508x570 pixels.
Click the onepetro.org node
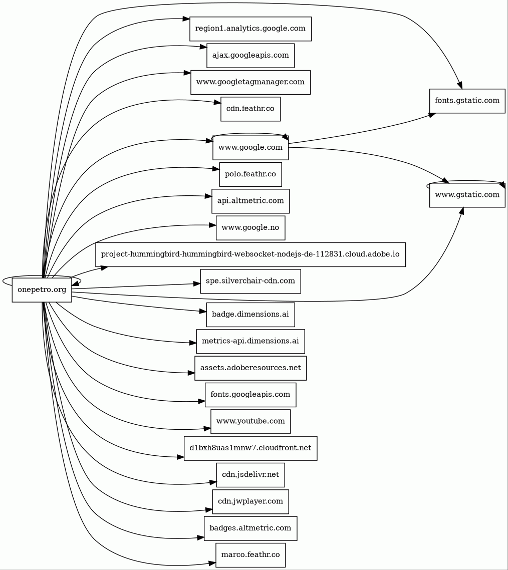click(42, 290)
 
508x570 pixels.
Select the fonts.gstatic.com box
click(467, 101)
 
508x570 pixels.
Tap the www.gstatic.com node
click(467, 195)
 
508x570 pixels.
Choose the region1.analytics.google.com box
click(250, 29)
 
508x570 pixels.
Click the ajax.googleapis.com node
click(250, 56)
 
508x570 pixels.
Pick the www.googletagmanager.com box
click(250, 82)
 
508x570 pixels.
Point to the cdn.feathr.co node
click(250, 109)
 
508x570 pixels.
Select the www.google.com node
click(250, 148)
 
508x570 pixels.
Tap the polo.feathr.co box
click(250, 174)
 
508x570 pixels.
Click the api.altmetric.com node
click(250, 201)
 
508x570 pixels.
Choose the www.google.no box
click(250, 228)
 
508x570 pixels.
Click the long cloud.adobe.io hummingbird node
click(250, 254)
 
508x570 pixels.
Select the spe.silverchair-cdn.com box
click(250, 281)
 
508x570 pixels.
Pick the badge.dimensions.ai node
click(250, 315)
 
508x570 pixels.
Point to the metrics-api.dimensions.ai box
click(250, 341)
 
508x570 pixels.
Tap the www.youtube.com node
click(250, 421)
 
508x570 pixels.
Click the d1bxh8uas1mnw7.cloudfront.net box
click(250, 448)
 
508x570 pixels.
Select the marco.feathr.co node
click(250, 555)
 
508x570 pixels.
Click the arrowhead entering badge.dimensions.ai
click(203, 312)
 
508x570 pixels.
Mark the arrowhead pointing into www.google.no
click(212, 225)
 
